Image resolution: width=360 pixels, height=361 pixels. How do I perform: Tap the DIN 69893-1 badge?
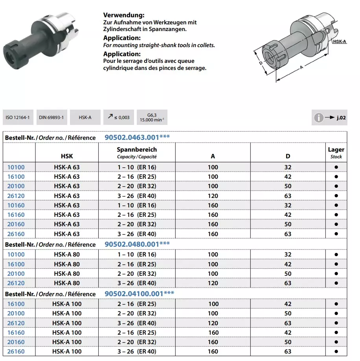pyautogui.click(x=51, y=117)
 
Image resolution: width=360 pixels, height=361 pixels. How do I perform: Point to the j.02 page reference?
pyautogui.click(x=339, y=117)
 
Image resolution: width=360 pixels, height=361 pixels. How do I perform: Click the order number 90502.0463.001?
pyautogui.click(x=137, y=137)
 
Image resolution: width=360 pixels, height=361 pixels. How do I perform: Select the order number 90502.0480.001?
pyautogui.click(x=137, y=244)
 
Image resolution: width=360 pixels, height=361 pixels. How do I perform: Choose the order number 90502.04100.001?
pyautogui.click(x=139, y=293)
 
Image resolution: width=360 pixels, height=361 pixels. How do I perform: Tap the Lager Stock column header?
pyautogui.click(x=336, y=152)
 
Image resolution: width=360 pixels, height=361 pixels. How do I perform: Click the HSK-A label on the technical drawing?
pyautogui.click(x=339, y=41)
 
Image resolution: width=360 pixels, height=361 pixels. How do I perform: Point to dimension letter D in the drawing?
pyautogui.click(x=261, y=63)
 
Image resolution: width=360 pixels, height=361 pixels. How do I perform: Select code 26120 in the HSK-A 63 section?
pyautogui.click(x=16, y=196)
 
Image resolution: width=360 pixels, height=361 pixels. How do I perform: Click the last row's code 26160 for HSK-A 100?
pyautogui.click(x=16, y=351)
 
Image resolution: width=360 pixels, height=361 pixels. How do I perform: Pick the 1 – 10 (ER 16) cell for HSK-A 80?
pyautogui.click(x=137, y=255)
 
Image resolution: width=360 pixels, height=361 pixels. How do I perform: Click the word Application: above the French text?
pyautogui.click(x=122, y=54)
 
